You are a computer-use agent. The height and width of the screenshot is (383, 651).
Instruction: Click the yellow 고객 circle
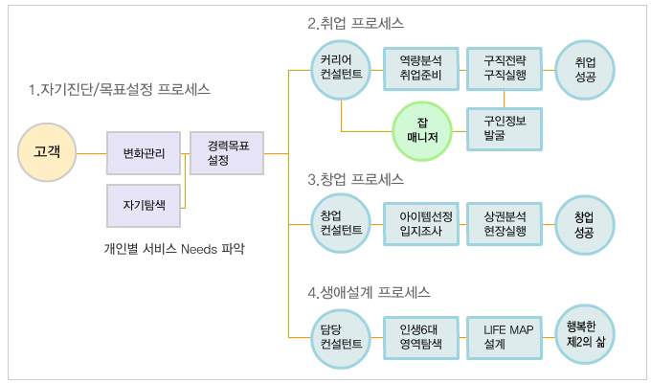pyautogui.click(x=47, y=152)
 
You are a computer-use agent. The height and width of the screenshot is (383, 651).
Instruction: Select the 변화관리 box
pyautogui.click(x=144, y=153)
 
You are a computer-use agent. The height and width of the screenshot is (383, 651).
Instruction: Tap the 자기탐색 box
pyautogui.click(x=144, y=206)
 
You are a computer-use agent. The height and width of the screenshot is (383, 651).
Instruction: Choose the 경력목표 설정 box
pyautogui.click(x=227, y=153)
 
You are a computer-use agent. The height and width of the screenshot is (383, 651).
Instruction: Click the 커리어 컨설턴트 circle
pyautogui.click(x=341, y=70)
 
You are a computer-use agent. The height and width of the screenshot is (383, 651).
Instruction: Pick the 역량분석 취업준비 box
pyautogui.click(x=421, y=69)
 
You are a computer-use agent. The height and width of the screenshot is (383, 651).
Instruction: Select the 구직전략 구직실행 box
pyautogui.click(x=505, y=69)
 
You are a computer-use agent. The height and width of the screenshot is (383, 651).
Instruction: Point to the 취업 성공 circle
pyautogui.click(x=585, y=70)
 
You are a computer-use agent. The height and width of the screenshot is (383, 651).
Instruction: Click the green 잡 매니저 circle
pyautogui.click(x=422, y=131)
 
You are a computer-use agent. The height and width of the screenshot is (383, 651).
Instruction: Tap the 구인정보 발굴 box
pyautogui.click(x=505, y=129)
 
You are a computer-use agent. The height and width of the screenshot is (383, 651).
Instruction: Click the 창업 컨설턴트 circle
pyautogui.click(x=341, y=224)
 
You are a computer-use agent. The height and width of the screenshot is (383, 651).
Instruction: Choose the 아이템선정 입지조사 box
pyautogui.click(x=421, y=224)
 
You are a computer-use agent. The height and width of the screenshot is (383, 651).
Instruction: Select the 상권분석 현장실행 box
pyautogui.click(x=505, y=224)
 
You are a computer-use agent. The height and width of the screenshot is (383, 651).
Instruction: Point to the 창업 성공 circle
pyautogui.click(x=585, y=225)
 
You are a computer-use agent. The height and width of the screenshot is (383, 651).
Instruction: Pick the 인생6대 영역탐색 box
pyautogui.click(x=421, y=338)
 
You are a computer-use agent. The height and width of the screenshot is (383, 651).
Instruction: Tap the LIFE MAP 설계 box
pyautogui.click(x=505, y=338)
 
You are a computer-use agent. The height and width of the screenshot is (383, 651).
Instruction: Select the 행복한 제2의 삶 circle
pyautogui.click(x=585, y=335)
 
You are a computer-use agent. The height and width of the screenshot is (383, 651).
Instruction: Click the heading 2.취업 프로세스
pyautogui.click(x=355, y=23)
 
